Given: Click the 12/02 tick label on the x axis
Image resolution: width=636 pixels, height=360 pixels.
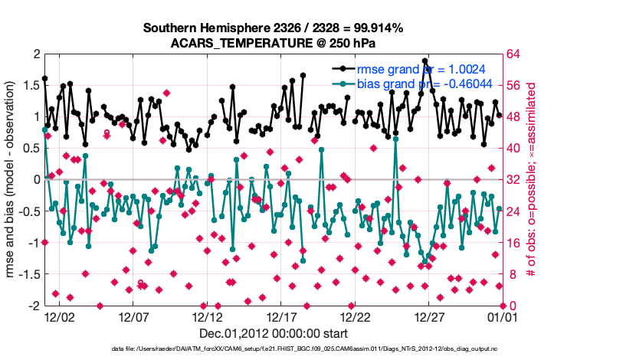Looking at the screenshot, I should click(x=58, y=316).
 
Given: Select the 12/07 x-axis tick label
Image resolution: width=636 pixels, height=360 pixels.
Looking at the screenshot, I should click(x=133, y=316).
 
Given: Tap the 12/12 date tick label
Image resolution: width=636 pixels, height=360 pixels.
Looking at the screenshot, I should click(x=207, y=316).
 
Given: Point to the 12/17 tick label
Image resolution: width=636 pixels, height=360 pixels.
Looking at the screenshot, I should click(x=280, y=316).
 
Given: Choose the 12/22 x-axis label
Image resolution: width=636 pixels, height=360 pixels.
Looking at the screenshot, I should click(x=355, y=316).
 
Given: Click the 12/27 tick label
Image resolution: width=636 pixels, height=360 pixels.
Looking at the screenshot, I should click(x=429, y=316).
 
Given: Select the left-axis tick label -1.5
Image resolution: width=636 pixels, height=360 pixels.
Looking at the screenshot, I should click(x=27, y=274).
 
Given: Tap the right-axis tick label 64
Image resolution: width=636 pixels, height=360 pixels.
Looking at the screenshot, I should click(x=515, y=54).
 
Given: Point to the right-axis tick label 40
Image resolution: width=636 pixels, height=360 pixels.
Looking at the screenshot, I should click(x=515, y=148).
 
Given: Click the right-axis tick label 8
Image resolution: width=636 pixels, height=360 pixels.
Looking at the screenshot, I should click(x=512, y=274).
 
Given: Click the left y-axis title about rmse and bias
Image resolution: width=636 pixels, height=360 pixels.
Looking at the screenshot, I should click(x=11, y=179).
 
